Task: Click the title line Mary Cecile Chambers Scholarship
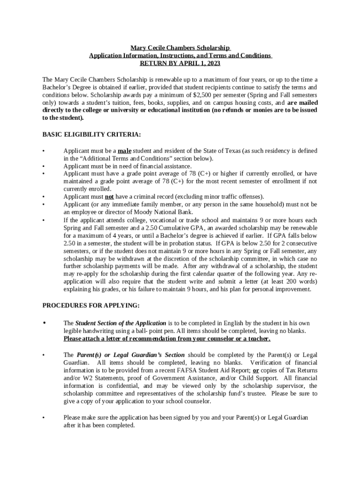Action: (180, 48)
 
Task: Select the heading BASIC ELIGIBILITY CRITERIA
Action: (91, 134)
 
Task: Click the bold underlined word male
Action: (124, 151)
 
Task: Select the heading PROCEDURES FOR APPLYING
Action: (91, 305)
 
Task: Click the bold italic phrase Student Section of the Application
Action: (121, 323)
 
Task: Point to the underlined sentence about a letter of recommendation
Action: (167, 339)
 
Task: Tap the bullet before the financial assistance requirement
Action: (43, 166)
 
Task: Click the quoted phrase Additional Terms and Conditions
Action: (124, 159)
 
